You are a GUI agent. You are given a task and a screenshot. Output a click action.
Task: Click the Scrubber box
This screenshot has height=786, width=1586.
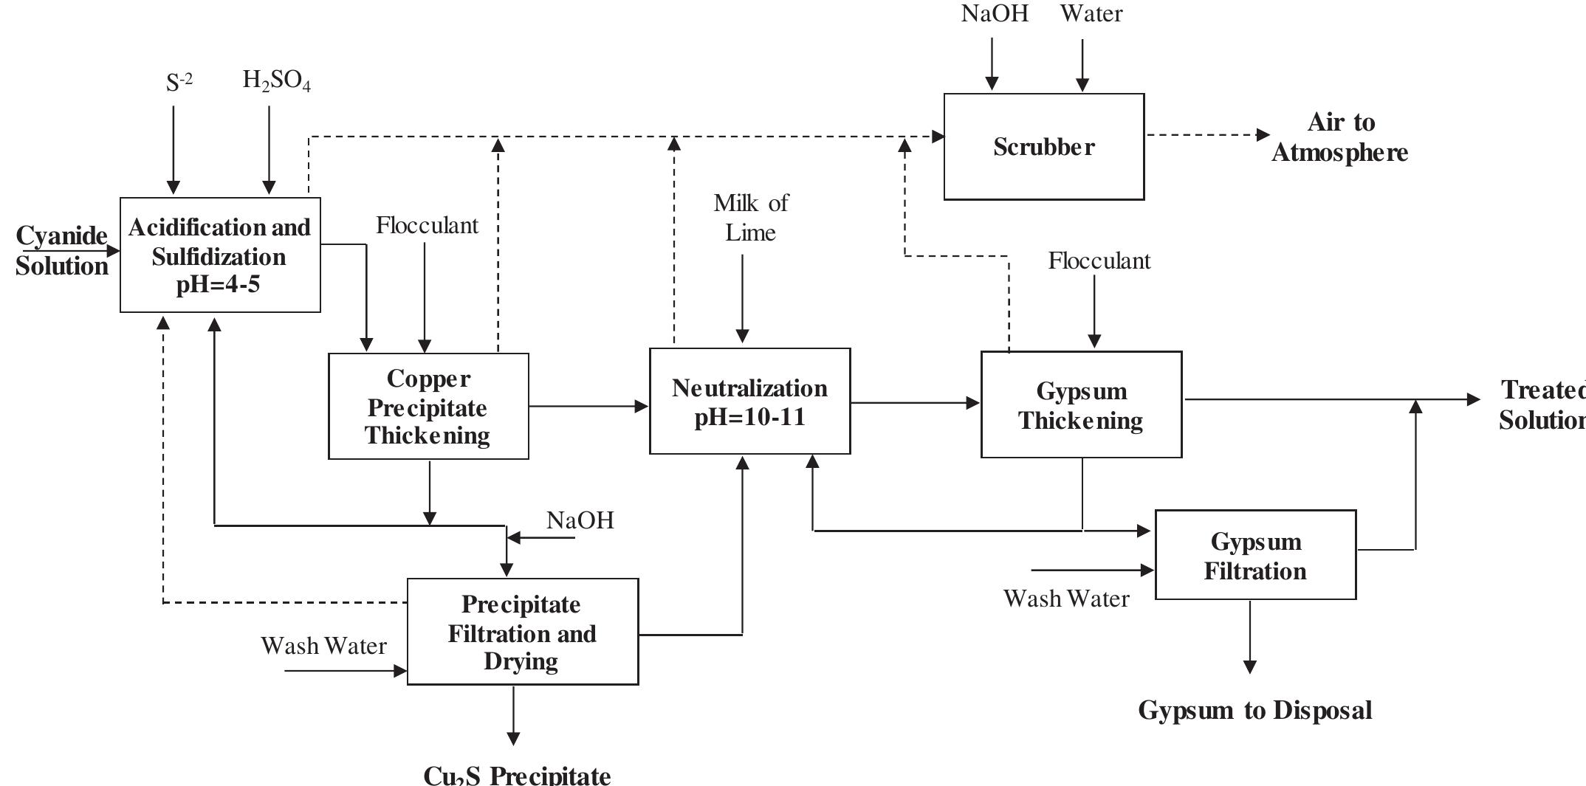[1043, 147]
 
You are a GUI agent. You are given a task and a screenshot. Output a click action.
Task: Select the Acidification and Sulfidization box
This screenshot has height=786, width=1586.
[220, 255]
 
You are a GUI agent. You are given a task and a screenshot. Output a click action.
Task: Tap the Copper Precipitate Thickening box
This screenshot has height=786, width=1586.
[428, 407]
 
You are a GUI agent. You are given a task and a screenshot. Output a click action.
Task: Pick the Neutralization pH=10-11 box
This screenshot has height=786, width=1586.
[749, 401]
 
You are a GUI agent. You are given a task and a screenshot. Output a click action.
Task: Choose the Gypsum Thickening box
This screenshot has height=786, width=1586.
[1081, 405]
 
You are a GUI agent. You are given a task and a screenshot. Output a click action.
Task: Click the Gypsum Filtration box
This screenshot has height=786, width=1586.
[1255, 555]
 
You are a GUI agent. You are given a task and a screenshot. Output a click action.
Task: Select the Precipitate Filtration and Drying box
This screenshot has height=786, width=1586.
[522, 632]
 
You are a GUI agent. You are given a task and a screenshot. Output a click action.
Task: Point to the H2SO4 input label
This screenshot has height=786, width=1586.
[276, 80]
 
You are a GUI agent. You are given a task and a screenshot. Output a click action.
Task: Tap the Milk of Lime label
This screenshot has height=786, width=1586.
[750, 218]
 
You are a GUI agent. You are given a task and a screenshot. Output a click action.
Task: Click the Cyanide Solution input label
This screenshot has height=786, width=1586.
[62, 251]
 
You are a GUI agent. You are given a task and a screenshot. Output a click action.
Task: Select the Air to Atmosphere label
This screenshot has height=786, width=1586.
[1339, 137]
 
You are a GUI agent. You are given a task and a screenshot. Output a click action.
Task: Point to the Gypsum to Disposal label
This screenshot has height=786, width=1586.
[1254, 710]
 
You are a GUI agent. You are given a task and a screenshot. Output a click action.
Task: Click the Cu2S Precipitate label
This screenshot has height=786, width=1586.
[517, 775]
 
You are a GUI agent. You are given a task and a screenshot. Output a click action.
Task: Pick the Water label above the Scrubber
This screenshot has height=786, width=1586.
[1091, 13]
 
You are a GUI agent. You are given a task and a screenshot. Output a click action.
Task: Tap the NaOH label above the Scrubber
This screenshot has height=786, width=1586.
[995, 13]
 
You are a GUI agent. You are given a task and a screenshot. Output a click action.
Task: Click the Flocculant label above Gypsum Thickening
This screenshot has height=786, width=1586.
[1099, 261]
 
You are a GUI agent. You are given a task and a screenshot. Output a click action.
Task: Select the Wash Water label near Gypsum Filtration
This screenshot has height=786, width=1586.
[1065, 599]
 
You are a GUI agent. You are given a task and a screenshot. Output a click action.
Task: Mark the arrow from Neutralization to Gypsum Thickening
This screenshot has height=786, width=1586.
[915, 403]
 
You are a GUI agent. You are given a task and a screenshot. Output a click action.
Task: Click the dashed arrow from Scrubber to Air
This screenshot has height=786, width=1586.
[1207, 135]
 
